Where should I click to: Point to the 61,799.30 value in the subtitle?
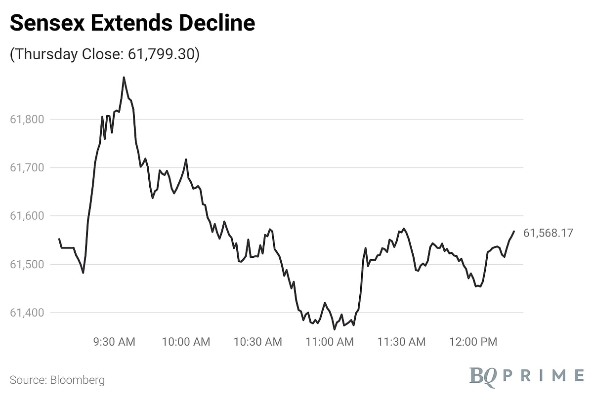[x=161, y=54]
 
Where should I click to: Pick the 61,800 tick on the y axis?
[x=27, y=119]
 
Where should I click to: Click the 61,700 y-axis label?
[x=27, y=167]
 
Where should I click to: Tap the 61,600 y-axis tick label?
[x=27, y=216]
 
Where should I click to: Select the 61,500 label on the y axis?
[x=27, y=264]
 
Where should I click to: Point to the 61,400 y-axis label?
[x=27, y=313]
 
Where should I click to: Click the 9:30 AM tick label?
[x=115, y=341]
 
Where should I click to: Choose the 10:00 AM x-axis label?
[x=186, y=341]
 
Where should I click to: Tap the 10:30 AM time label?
[x=258, y=341]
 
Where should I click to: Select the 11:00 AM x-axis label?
[x=330, y=341]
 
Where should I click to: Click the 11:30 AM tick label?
[x=401, y=341]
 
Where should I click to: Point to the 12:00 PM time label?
[x=473, y=341]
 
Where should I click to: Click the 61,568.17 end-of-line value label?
[x=548, y=233]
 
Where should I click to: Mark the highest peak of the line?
[x=124, y=78]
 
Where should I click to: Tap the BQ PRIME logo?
[x=526, y=375]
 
